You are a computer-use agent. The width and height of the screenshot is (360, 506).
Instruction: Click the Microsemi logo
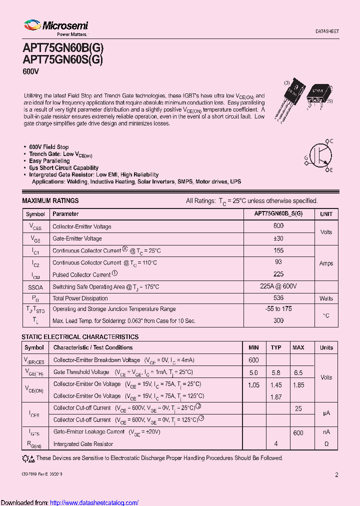[55, 28]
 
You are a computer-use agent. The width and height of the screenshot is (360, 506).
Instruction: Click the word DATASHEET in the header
[327, 31]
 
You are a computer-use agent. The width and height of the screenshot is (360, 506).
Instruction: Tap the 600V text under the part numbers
[30, 71]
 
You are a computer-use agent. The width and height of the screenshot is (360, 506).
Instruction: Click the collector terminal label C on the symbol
[331, 141]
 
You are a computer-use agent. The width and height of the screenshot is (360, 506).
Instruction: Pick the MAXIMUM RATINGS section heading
[50, 200]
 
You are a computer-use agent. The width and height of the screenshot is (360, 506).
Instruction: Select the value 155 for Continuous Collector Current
[278, 250]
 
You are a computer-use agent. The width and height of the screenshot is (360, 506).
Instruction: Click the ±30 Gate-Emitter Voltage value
[278, 238]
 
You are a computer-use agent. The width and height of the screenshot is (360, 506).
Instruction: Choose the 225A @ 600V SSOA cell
[278, 286]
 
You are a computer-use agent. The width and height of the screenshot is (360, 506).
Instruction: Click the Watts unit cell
[326, 298]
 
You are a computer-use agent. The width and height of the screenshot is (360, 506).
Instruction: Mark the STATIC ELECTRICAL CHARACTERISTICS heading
[80, 337]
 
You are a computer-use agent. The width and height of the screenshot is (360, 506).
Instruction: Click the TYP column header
[276, 347]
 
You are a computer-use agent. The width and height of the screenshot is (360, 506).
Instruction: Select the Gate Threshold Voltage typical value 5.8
[276, 372]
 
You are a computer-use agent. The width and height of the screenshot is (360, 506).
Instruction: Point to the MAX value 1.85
[298, 385]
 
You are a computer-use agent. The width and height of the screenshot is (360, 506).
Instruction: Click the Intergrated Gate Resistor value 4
[276, 444]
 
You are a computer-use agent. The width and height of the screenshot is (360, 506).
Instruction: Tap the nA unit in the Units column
[326, 432]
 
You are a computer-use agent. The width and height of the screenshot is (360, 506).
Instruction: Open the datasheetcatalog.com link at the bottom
[94, 502]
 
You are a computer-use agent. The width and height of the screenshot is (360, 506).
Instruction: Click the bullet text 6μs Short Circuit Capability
[63, 168]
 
